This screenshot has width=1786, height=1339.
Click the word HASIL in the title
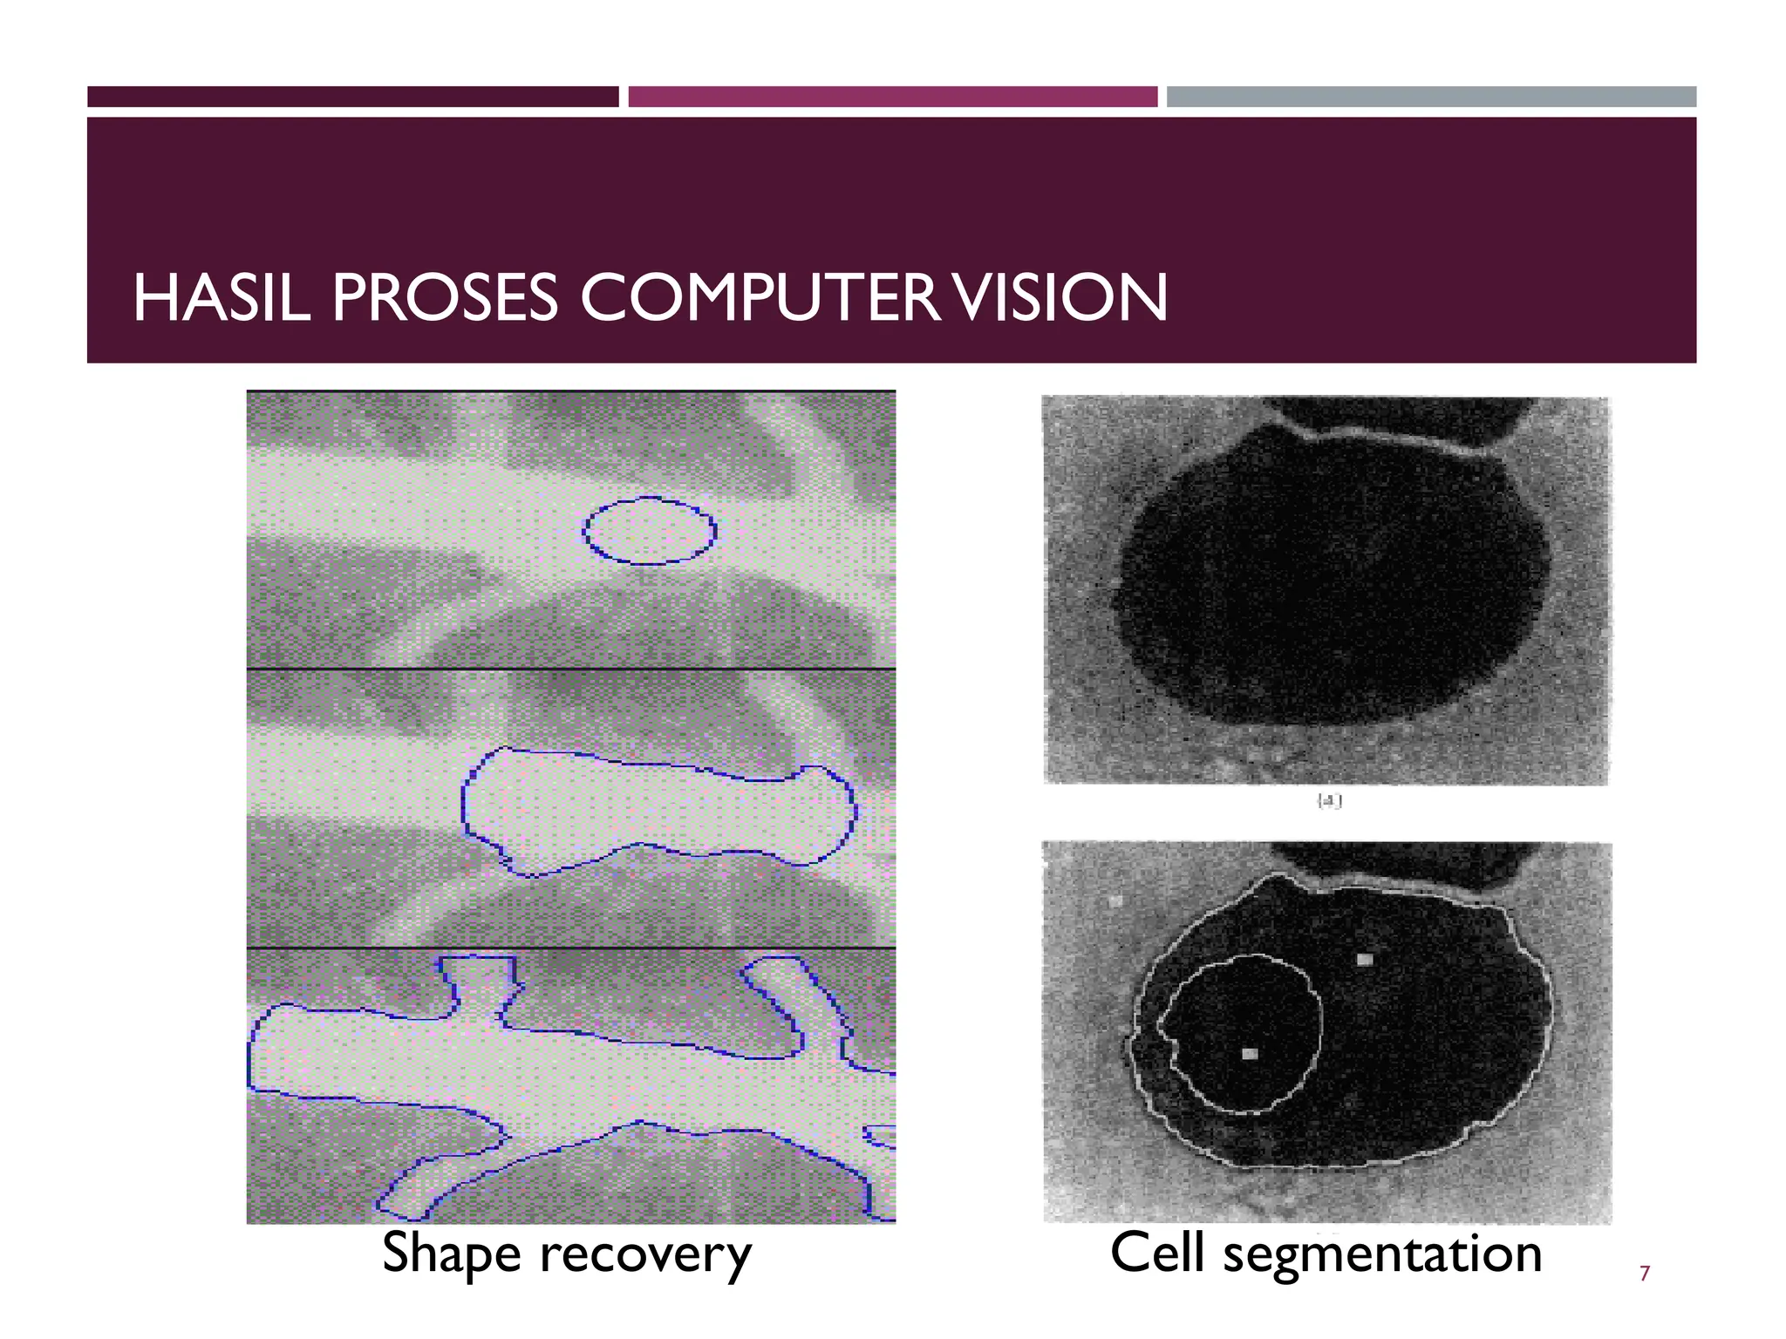point(222,298)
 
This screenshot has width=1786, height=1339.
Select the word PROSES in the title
point(444,298)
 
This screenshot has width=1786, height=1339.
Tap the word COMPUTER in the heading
point(760,298)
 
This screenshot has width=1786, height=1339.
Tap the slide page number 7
point(1645,1274)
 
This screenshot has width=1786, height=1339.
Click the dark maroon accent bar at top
point(352,97)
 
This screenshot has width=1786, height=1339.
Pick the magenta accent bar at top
point(892,97)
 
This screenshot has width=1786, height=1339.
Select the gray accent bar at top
point(1431,97)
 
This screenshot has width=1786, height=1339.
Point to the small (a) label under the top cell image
point(1329,802)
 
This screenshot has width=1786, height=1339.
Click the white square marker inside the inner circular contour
point(1250,1054)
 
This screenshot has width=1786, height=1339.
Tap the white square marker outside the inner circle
point(1365,960)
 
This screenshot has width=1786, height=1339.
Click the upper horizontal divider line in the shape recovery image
point(571,669)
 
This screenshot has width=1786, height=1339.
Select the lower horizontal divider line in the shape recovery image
point(571,948)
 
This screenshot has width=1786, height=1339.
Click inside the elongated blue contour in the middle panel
point(654,806)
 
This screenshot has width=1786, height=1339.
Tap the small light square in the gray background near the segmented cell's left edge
point(1115,902)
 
